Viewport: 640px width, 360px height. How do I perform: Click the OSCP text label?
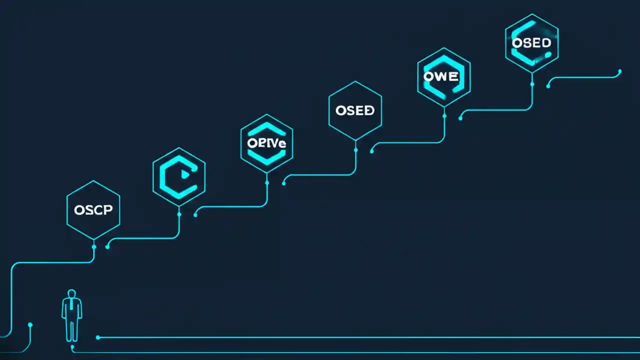(93, 210)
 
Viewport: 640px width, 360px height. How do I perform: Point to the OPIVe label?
(266, 142)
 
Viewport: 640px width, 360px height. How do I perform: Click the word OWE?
(440, 76)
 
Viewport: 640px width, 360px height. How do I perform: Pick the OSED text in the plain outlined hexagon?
(355, 110)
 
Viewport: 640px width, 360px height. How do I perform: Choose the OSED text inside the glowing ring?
(531, 43)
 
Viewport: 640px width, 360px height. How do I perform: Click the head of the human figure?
(71, 293)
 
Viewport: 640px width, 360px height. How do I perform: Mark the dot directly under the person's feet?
(72, 346)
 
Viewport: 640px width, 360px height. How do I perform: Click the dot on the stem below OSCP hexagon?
(93, 246)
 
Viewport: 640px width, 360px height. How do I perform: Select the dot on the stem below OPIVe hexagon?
(267, 182)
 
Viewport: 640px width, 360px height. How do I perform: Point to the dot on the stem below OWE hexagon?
(444, 115)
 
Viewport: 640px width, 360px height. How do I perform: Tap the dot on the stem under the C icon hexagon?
(179, 214)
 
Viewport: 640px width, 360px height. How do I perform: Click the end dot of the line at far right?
(620, 71)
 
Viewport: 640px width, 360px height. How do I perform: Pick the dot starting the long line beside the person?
(98, 337)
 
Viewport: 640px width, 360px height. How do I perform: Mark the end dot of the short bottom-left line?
(30, 325)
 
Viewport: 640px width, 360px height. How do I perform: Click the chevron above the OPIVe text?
(266, 129)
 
